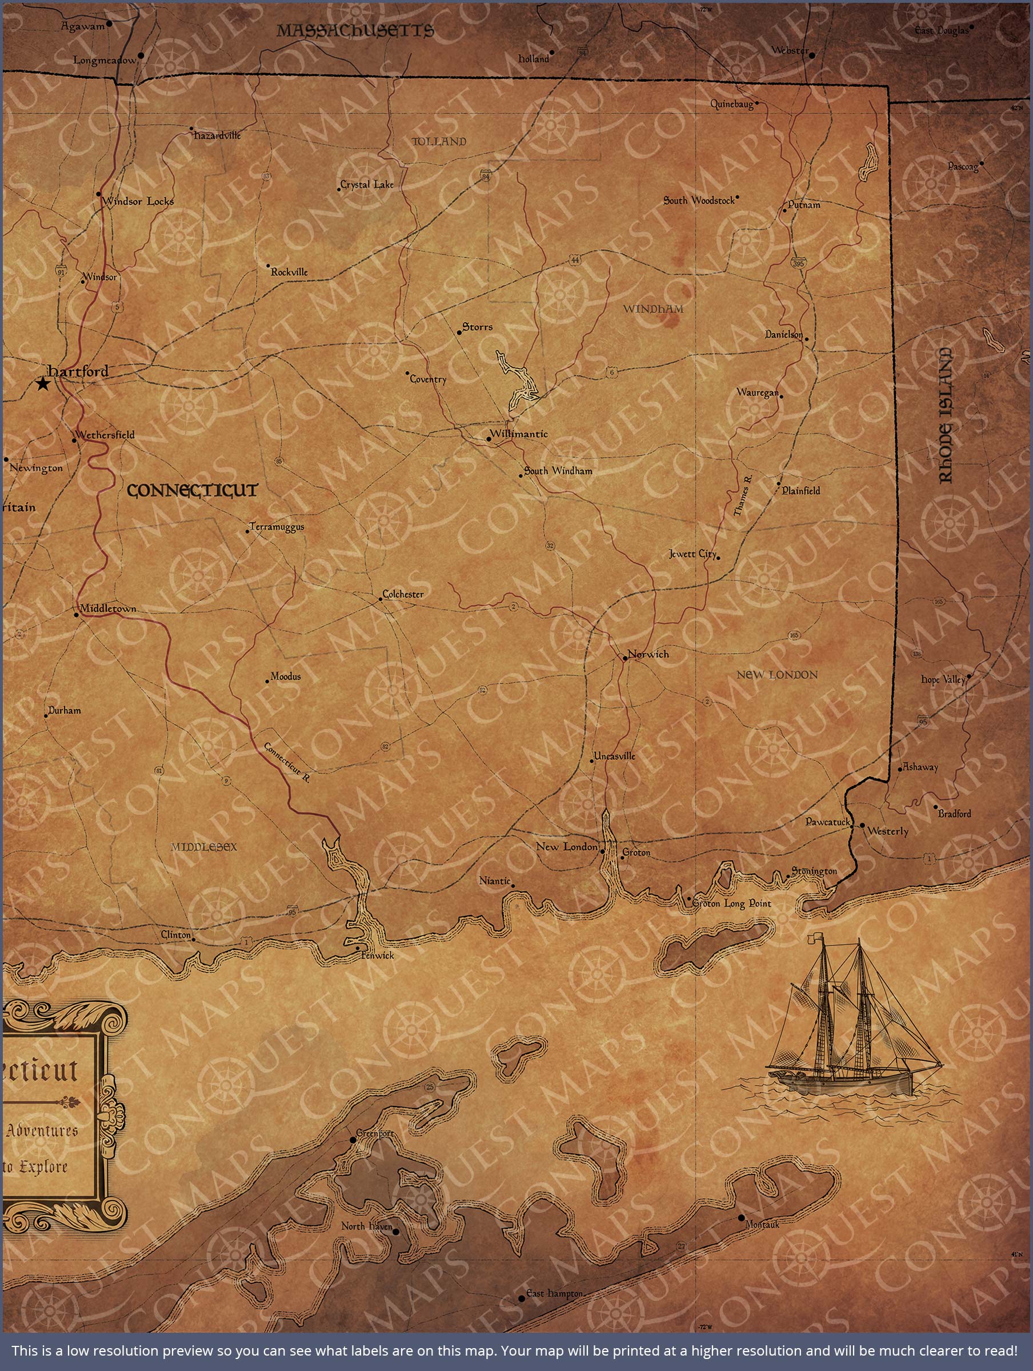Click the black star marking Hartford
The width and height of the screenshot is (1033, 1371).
(43, 384)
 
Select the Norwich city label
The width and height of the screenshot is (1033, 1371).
(648, 655)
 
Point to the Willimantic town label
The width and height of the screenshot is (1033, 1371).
(519, 434)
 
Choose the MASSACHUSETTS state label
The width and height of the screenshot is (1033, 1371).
(355, 31)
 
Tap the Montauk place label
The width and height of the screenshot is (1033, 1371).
(762, 1225)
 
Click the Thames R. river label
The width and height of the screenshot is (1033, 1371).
(743, 496)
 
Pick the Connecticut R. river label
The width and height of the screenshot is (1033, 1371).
(286, 763)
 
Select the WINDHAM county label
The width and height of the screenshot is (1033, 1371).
(653, 308)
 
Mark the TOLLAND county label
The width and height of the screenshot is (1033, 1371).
(439, 142)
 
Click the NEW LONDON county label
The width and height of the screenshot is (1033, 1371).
(777, 675)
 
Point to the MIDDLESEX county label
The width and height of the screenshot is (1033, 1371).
(204, 847)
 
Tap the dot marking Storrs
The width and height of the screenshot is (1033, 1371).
(459, 333)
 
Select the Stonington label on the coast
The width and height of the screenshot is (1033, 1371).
(815, 871)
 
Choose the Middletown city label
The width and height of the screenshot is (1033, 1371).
(108, 608)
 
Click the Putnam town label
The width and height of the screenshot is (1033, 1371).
(804, 205)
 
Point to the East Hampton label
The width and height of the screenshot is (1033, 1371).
(555, 1293)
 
